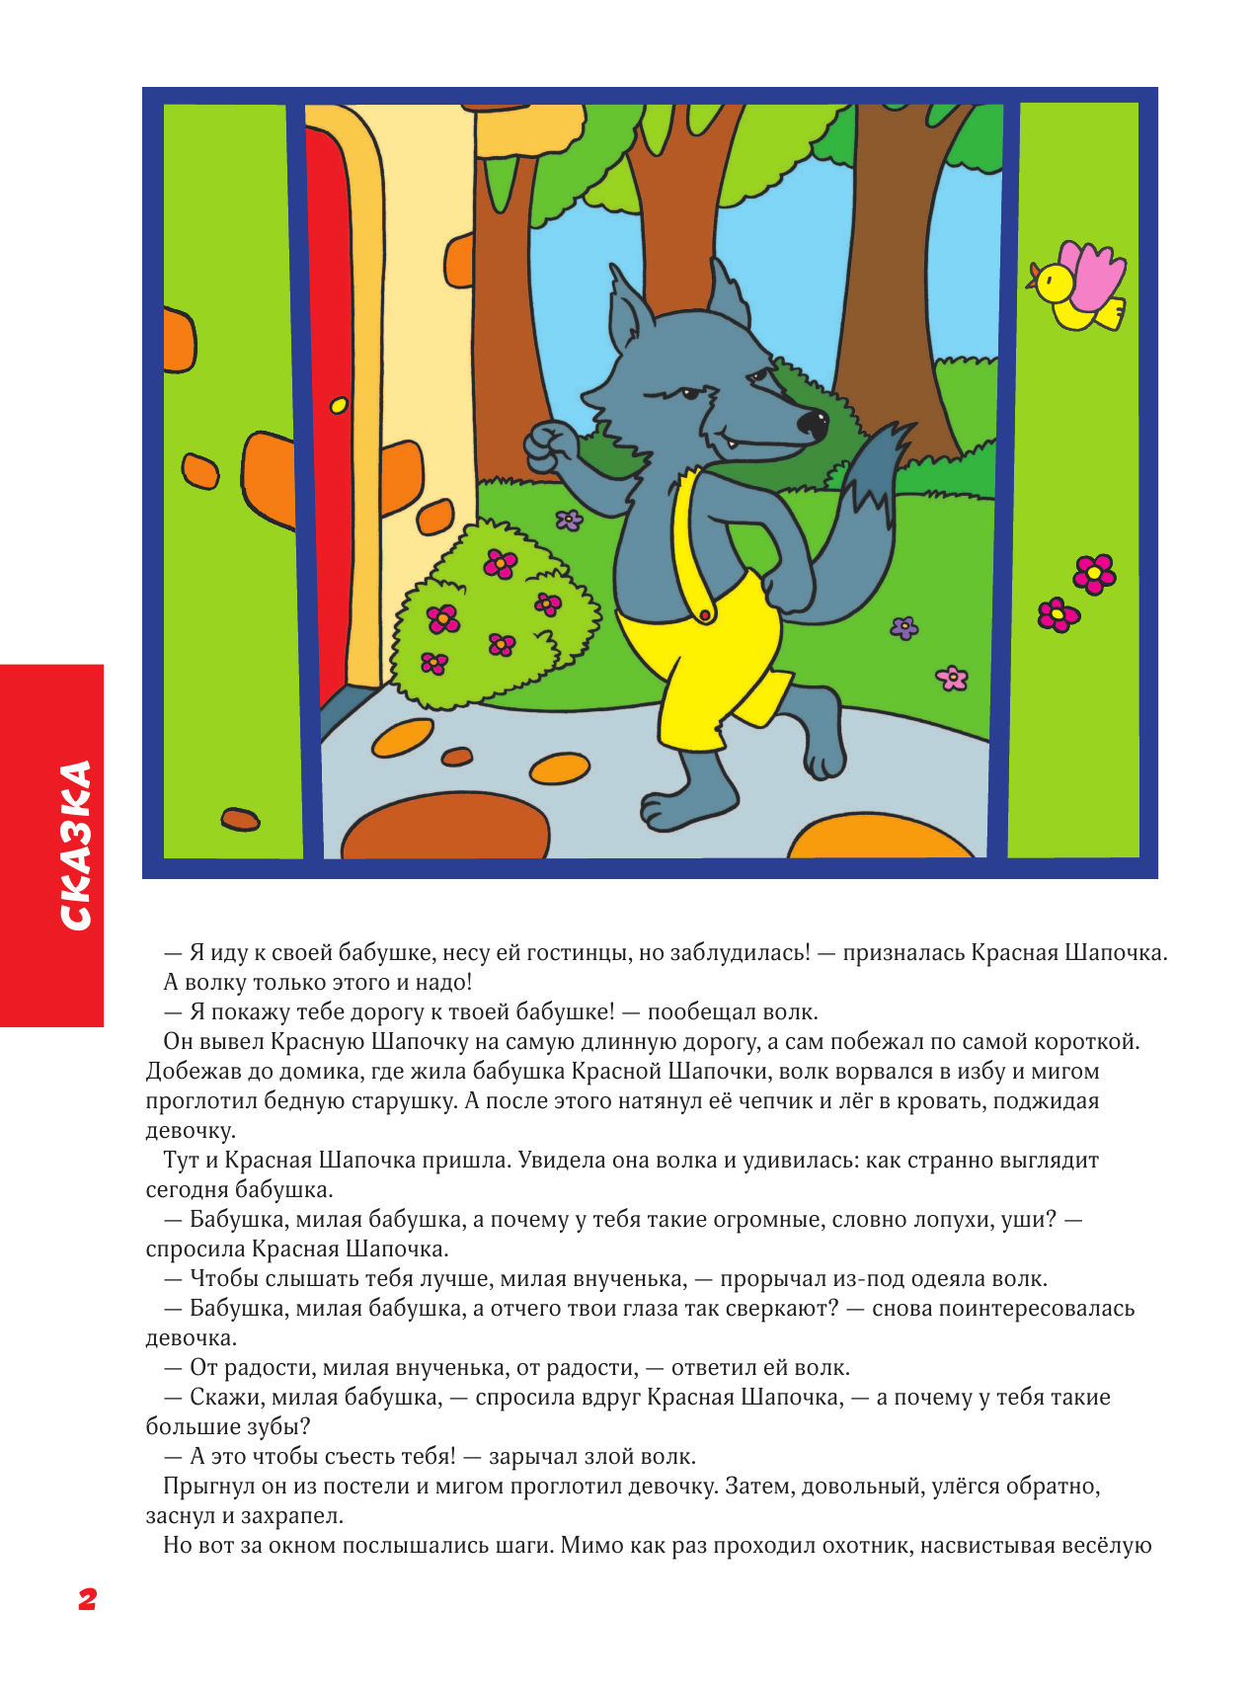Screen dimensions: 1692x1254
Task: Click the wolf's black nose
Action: pos(813,424)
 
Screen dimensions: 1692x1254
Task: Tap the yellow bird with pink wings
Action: pos(1078,287)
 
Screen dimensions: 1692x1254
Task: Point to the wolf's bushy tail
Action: pos(877,473)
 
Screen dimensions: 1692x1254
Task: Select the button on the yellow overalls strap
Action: pos(705,614)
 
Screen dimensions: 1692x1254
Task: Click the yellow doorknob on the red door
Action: pos(339,404)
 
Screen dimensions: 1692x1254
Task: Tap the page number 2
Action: pos(87,1598)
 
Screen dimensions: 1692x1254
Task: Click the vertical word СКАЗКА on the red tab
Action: pos(75,846)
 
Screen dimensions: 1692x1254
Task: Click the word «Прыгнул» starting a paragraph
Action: pos(207,1487)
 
